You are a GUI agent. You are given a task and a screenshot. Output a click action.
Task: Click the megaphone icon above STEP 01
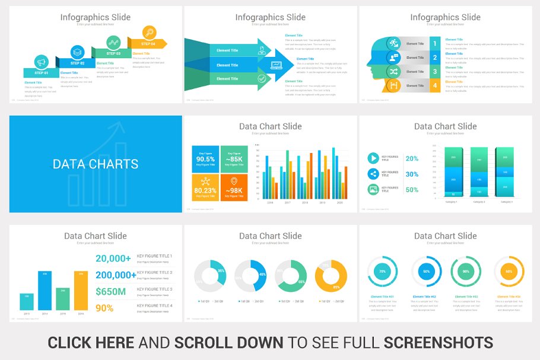pos(41,61)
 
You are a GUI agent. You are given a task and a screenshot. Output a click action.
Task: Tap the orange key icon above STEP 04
pos(149,33)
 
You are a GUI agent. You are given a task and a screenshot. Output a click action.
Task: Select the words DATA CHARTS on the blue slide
pos(96,164)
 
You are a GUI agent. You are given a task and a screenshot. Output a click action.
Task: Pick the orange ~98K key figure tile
pos(234,187)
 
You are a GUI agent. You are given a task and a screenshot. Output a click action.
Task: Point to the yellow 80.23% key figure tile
pos(205,187)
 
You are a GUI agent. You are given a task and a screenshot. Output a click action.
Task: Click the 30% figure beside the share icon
pos(412,174)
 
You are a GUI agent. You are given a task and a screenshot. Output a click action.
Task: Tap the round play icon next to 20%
pos(373,158)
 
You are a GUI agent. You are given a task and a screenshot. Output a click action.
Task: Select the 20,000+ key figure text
pos(113,258)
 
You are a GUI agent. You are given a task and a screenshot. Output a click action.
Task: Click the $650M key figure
pos(110,291)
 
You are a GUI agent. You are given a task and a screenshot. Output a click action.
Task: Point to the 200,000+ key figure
pos(116,275)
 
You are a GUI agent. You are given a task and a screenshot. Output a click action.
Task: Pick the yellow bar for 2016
pos(81,291)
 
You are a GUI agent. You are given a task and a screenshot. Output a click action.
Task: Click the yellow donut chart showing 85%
pos(331,276)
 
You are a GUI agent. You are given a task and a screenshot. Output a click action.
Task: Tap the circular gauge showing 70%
pos(382,272)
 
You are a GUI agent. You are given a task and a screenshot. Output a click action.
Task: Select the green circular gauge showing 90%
pos(466,272)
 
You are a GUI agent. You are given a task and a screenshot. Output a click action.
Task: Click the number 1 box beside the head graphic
pos(435,43)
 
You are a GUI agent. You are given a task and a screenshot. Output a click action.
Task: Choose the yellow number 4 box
pos(435,86)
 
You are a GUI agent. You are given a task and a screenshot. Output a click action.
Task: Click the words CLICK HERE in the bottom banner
pos(91,342)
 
